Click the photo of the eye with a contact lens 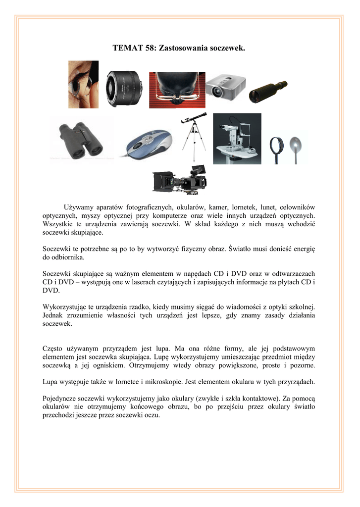(x=83, y=84)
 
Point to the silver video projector (x=225, y=86)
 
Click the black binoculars (x=81, y=140)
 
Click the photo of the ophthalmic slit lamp (x=237, y=139)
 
